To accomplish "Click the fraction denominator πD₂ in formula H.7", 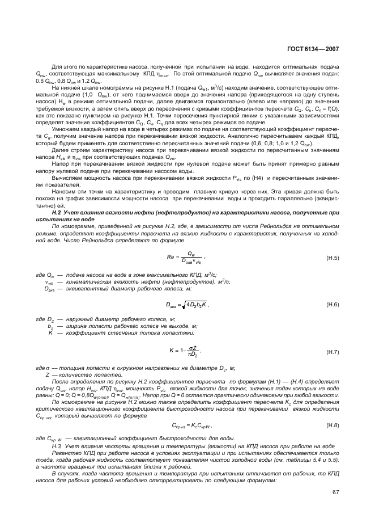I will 194,355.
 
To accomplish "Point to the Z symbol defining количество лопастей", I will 47,376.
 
